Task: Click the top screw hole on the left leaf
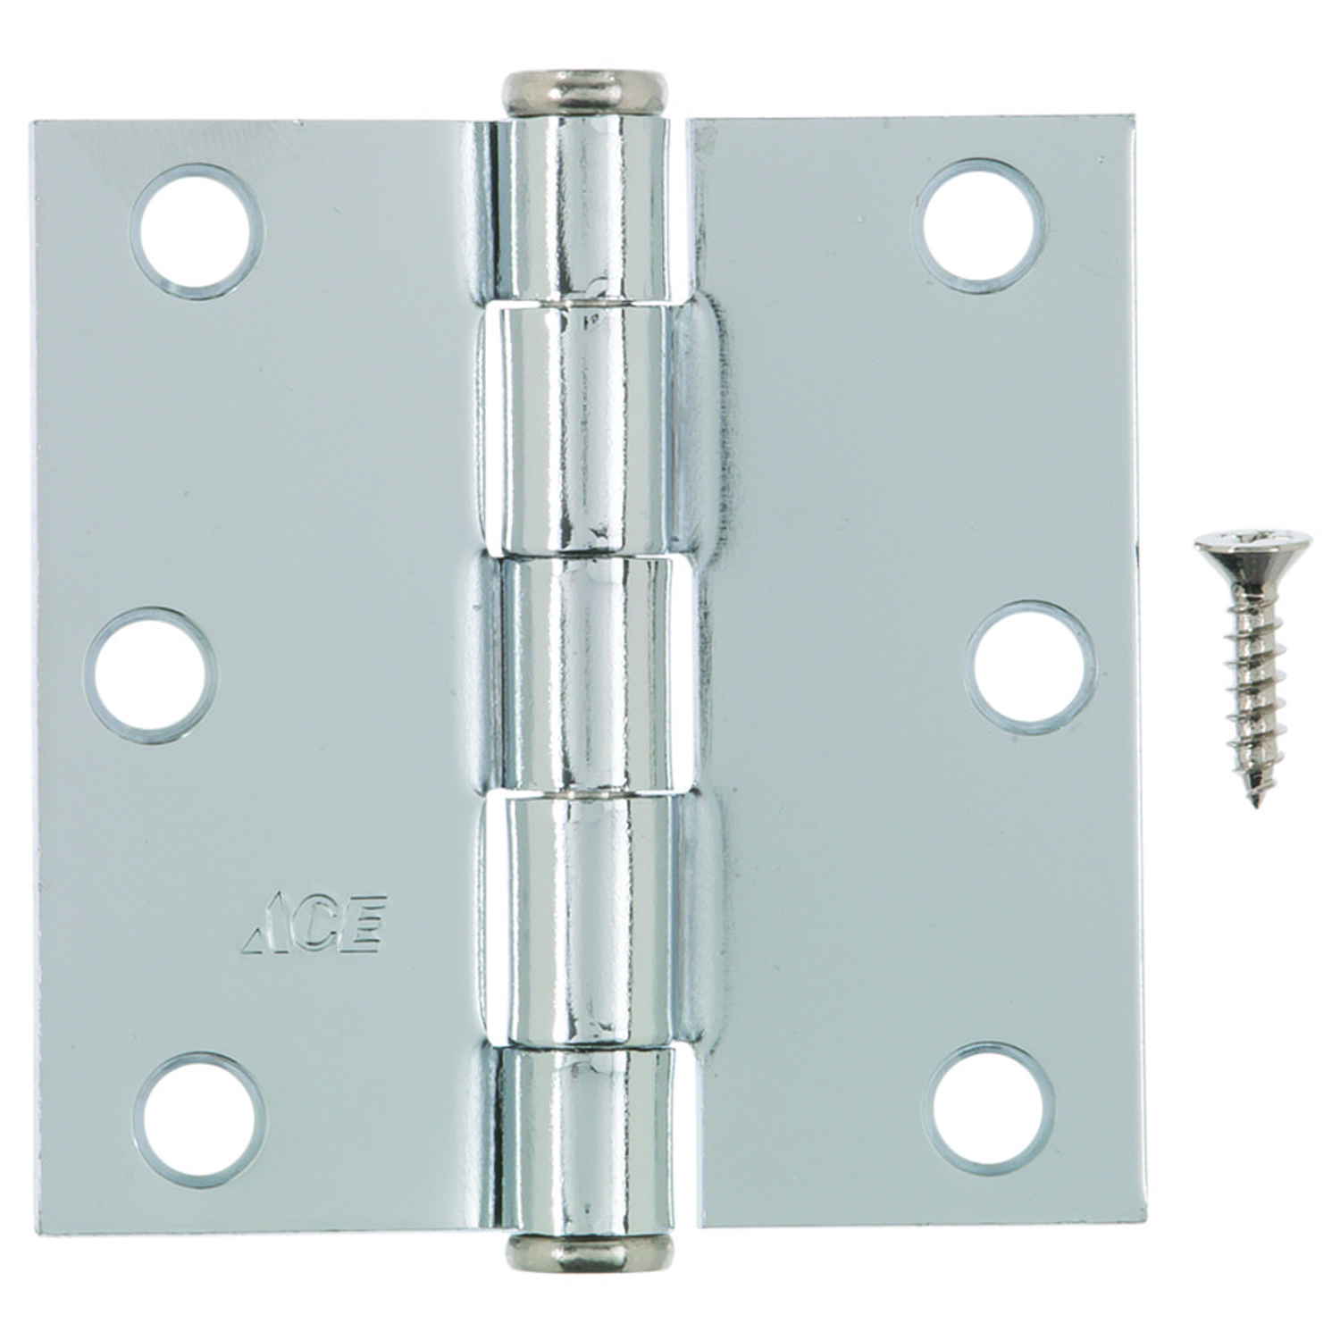[x=197, y=230]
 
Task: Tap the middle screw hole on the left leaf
[x=152, y=674]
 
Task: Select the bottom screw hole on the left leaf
[x=199, y=1118]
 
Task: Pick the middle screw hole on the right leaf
[x=1031, y=666]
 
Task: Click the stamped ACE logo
[x=314, y=924]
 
